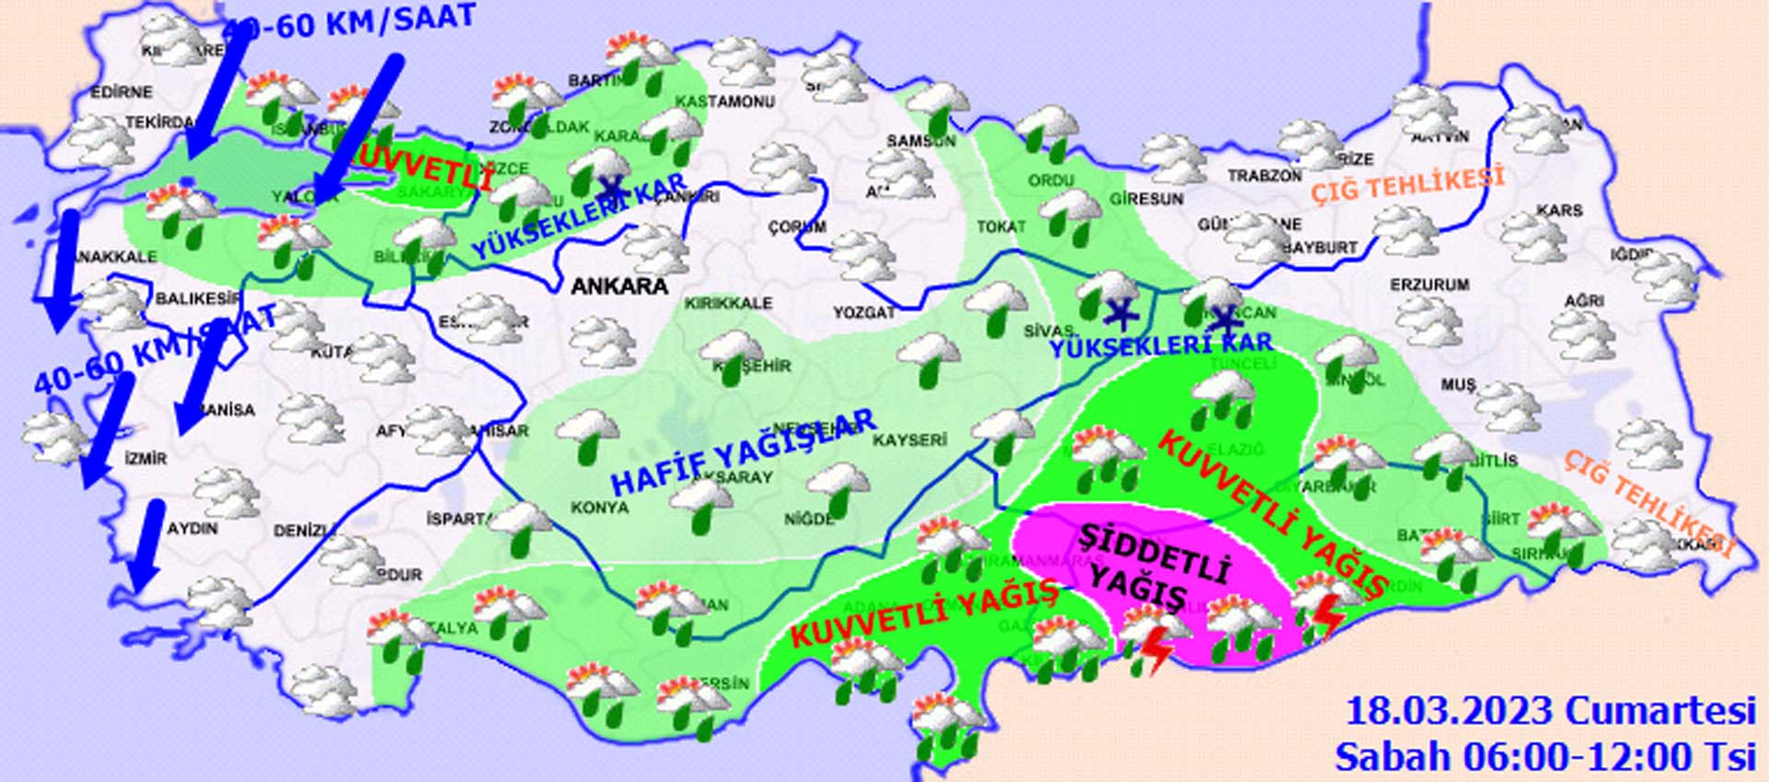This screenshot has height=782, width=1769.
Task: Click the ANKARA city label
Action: click(x=619, y=286)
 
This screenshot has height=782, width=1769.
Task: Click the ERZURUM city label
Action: click(x=1430, y=286)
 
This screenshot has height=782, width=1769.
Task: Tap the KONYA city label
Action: click(x=600, y=508)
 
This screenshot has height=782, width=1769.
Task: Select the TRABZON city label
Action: click(x=1264, y=176)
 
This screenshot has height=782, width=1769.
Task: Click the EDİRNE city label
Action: click(x=122, y=92)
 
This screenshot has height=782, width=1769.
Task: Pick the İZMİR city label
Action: click(x=146, y=458)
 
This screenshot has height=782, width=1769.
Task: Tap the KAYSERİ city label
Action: click(x=909, y=440)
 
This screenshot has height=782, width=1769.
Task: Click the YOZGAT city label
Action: click(x=864, y=313)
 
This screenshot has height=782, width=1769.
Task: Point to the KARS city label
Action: click(x=1559, y=211)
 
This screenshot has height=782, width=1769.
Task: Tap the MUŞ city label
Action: click(x=1458, y=384)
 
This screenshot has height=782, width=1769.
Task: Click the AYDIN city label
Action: click(x=193, y=529)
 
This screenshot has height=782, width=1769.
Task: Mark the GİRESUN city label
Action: click(x=1146, y=198)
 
